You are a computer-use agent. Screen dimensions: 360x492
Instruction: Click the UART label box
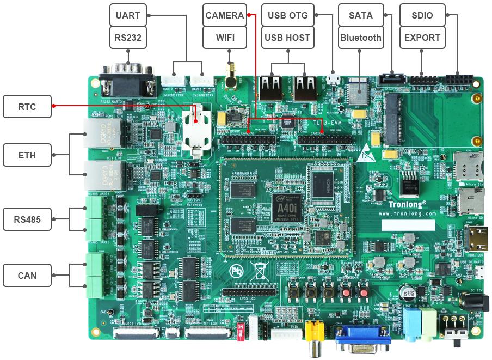(128, 15)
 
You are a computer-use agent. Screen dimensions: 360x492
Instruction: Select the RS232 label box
(128, 38)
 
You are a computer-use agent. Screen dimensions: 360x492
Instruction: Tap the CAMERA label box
(225, 15)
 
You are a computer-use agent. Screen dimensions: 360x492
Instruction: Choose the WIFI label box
(225, 38)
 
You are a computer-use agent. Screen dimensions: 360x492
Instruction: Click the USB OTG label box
(287, 15)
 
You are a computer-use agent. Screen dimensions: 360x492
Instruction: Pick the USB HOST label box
(287, 38)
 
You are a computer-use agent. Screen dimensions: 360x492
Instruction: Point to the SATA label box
(360, 15)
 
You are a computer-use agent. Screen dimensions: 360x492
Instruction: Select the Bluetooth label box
(360, 38)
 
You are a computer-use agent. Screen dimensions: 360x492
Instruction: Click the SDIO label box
(422, 15)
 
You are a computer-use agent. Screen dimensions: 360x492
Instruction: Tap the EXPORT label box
(422, 38)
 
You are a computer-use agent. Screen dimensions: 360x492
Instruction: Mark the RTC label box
(27, 107)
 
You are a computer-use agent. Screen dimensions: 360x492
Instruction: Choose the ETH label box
(27, 155)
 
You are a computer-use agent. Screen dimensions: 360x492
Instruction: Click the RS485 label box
(27, 221)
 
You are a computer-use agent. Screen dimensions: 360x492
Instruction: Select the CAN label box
(27, 276)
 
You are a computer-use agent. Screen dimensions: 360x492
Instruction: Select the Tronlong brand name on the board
(407, 204)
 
